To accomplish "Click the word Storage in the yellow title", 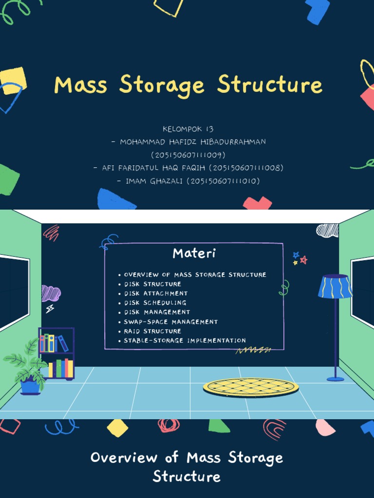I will point(162,85).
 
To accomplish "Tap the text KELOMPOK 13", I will point(188,129).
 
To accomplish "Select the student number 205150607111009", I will point(188,155).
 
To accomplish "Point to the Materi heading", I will point(194,253).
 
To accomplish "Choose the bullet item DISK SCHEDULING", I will point(155,302).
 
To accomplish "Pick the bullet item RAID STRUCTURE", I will point(152,331).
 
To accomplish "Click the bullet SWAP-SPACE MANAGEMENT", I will point(170,321).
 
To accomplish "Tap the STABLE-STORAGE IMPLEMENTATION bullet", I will point(185,340).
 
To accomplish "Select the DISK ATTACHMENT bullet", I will point(155,293).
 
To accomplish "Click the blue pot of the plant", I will point(30,387).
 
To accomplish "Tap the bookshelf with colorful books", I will point(57,353).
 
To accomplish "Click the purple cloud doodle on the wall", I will point(51,293).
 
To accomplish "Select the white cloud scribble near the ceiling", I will point(327,230).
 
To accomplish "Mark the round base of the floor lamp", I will point(335,378).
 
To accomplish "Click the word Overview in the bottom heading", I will point(124,458).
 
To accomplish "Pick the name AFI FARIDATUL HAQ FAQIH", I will point(153,168).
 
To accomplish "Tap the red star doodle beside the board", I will point(303,260).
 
